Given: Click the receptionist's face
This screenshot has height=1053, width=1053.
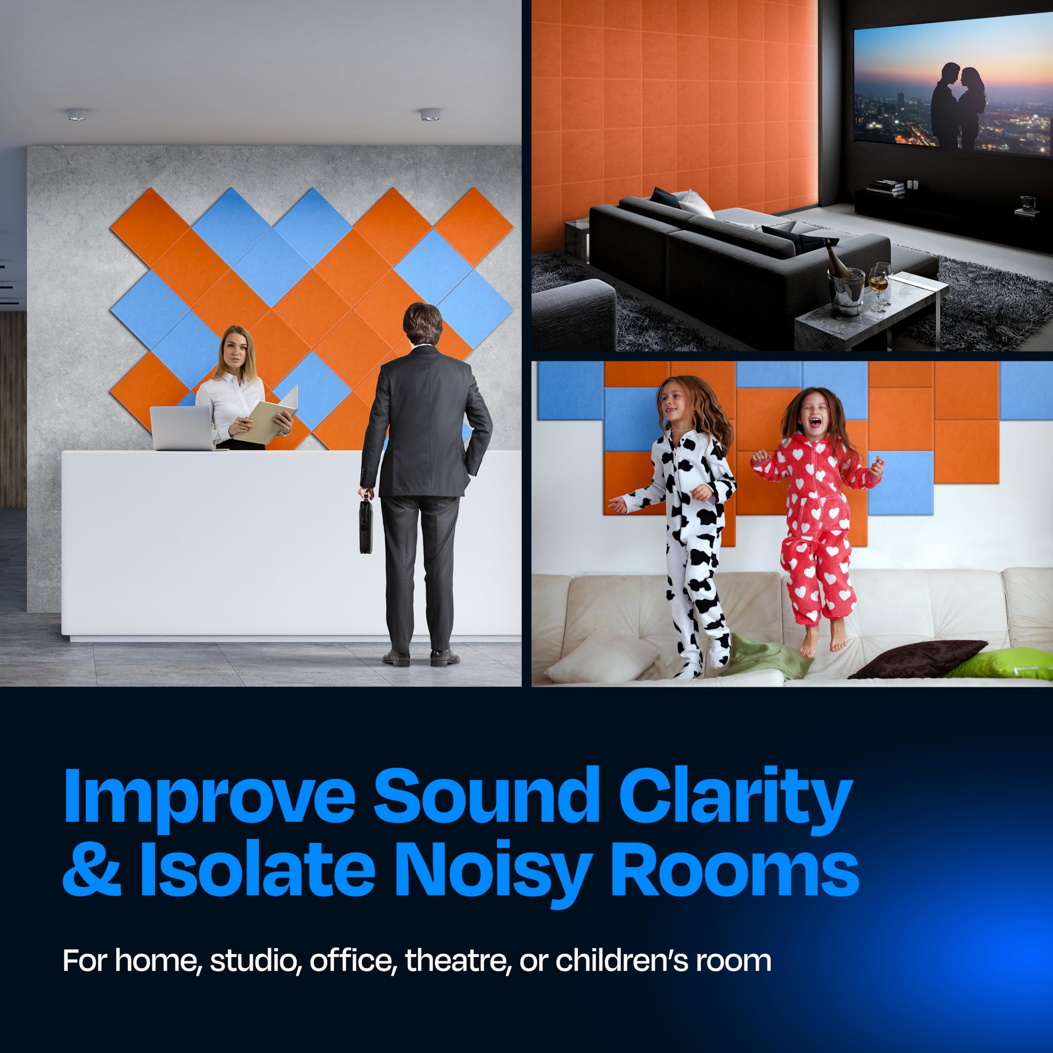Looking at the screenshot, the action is (234, 349).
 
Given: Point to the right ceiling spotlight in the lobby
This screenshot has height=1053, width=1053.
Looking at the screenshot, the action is (429, 114).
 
